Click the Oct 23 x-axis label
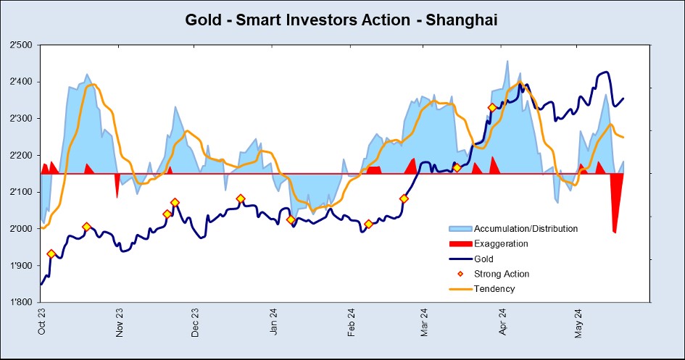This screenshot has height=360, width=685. click(42, 323)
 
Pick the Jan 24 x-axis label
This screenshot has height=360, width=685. click(274, 323)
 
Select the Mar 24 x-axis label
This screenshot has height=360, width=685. click(425, 323)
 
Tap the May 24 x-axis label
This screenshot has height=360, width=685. click(581, 323)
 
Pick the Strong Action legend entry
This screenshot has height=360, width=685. click(502, 274)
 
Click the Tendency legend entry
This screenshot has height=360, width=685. click(494, 289)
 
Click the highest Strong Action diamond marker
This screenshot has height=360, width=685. click(493, 108)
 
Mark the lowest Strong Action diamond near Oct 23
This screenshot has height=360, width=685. click(51, 254)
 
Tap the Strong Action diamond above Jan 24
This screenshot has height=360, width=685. click(291, 219)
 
